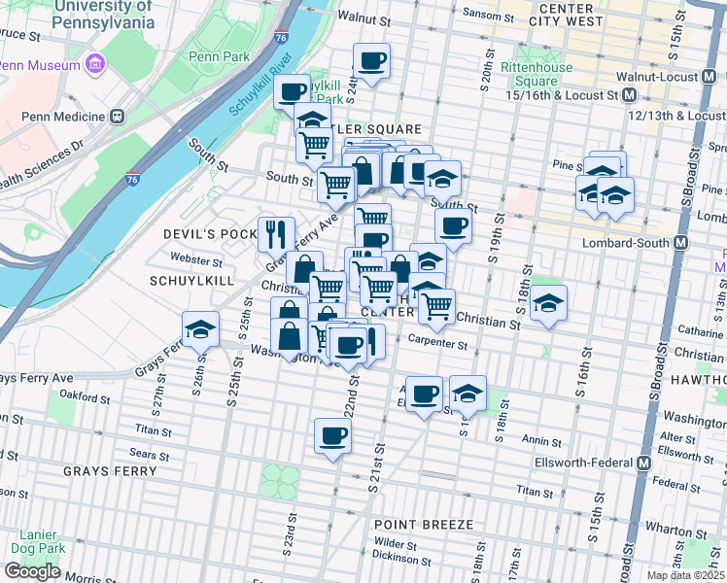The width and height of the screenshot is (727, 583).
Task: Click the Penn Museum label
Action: [39, 65]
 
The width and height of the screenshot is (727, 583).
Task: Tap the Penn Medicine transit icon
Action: [118, 117]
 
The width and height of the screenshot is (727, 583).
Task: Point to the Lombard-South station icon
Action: [680, 242]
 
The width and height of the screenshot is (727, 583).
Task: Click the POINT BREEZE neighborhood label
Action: [424, 525]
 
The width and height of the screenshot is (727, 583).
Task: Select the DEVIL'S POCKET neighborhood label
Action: [210, 234]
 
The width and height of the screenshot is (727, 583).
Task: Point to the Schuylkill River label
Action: [260, 85]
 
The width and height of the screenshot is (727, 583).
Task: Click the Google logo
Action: [31, 571]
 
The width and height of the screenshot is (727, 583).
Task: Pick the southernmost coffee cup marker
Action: [332, 435]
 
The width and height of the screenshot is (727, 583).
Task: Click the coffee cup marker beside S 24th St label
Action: [371, 61]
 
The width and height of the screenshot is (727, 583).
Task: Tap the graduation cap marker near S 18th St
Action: [548, 302]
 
